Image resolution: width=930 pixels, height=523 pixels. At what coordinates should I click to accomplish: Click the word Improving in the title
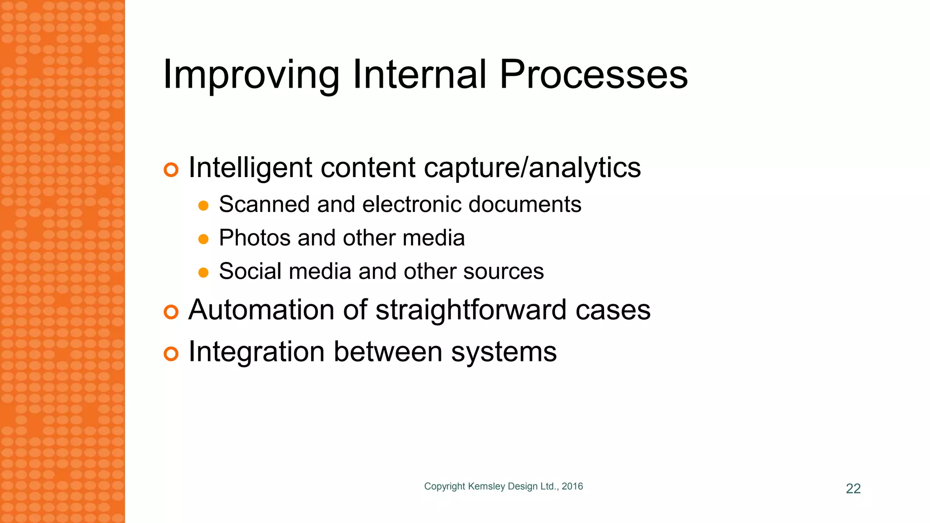pyautogui.click(x=251, y=75)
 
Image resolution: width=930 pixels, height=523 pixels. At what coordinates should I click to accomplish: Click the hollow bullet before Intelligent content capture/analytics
pyautogui.click(x=171, y=170)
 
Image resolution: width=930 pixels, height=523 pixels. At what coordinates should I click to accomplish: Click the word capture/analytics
pyautogui.click(x=532, y=168)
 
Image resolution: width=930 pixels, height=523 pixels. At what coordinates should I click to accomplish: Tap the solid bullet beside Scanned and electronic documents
pyautogui.click(x=203, y=206)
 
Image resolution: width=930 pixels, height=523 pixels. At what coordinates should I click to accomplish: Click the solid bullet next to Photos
pyautogui.click(x=203, y=239)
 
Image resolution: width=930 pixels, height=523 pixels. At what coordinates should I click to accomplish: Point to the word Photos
pyautogui.click(x=254, y=238)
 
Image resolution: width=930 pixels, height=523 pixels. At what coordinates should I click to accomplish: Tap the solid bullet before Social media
pyautogui.click(x=203, y=273)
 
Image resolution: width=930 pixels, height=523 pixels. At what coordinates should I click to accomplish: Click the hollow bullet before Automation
pyautogui.click(x=171, y=312)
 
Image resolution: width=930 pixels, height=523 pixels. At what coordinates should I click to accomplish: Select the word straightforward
pyautogui.click(x=471, y=310)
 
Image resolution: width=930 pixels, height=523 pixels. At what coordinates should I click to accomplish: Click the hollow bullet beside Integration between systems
pyautogui.click(x=171, y=354)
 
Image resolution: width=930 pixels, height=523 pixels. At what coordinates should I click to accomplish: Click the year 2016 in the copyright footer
pyautogui.click(x=572, y=486)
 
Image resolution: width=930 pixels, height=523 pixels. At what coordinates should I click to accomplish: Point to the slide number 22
pyautogui.click(x=853, y=488)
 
